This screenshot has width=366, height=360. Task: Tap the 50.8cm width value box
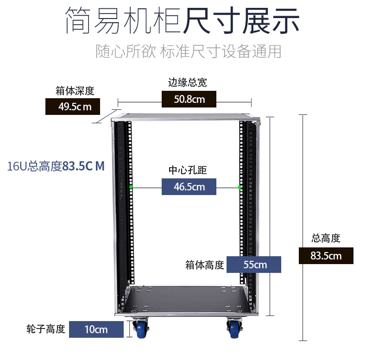click(x=189, y=99)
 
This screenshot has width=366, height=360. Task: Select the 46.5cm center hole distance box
click(x=189, y=187)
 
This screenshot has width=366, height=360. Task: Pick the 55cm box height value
click(x=255, y=265)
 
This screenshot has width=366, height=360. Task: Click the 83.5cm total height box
click(x=326, y=256)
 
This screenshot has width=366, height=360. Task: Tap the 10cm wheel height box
click(x=96, y=329)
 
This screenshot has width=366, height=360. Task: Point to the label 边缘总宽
click(x=187, y=83)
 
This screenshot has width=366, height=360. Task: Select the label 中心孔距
click(x=187, y=171)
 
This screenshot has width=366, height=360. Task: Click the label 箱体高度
click(x=205, y=265)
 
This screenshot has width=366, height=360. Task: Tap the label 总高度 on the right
click(x=326, y=239)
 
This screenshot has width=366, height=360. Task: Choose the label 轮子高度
click(x=46, y=329)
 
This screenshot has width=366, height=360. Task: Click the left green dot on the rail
click(x=131, y=187)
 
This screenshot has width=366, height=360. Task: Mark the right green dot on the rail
click(x=240, y=187)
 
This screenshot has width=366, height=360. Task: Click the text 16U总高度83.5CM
click(x=56, y=166)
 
